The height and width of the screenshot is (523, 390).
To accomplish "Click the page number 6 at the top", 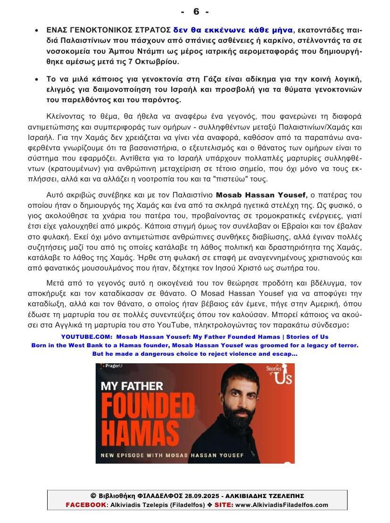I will (195, 11).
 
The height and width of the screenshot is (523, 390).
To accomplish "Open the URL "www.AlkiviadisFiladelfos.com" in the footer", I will (282, 505).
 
